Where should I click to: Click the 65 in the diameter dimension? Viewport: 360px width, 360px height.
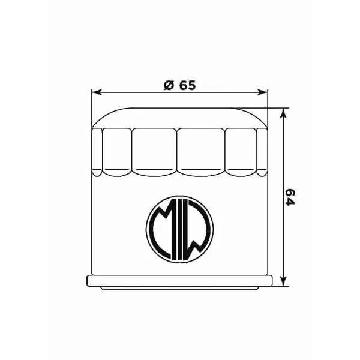187,85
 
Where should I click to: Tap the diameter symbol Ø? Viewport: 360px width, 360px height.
168,85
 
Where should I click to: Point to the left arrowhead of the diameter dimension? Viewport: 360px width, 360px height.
95,92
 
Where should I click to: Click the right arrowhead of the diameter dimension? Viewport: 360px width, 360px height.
262,92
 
